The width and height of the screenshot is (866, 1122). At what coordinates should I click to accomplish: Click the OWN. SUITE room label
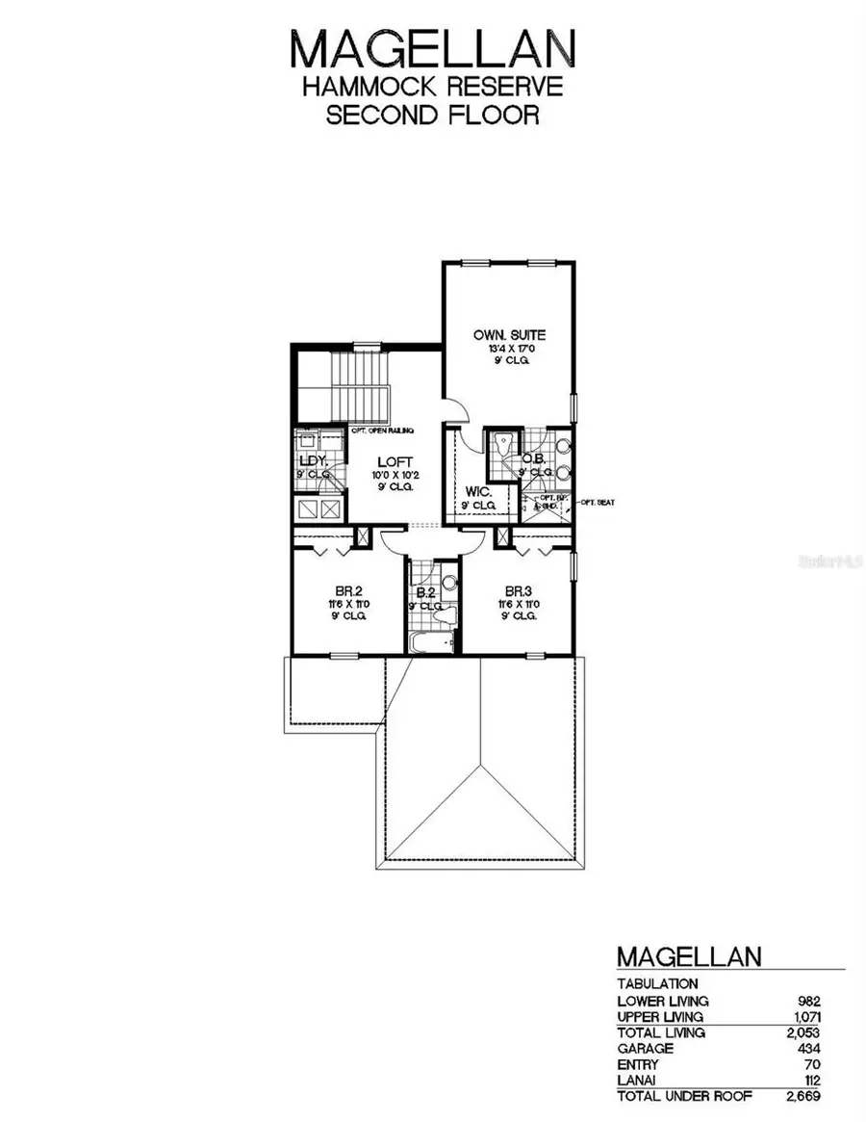509,335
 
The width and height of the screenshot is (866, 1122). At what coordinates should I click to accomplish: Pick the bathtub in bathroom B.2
428,642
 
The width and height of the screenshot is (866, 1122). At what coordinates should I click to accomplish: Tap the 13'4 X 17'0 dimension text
509,349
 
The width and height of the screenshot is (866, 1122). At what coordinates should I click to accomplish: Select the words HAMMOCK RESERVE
432,87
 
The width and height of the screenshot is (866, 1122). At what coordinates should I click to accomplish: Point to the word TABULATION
657,984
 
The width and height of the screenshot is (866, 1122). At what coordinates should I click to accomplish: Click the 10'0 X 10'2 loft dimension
395,475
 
